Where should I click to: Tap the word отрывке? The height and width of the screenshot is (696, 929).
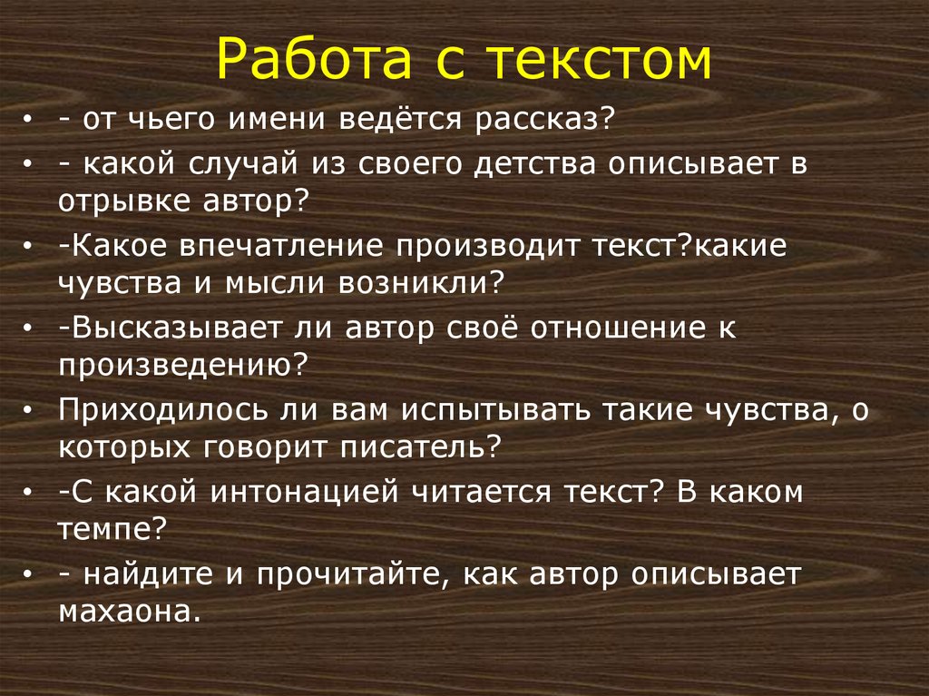coord(117,201)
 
